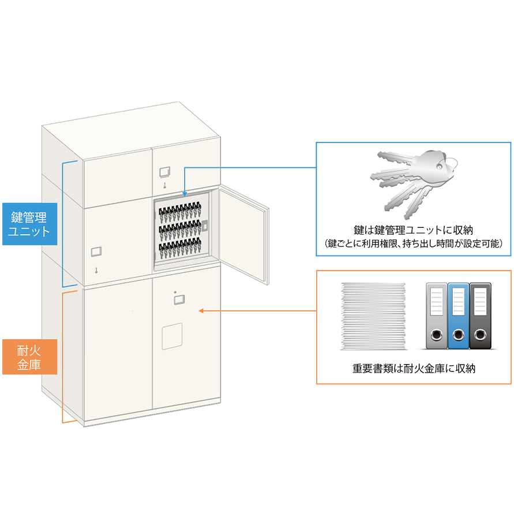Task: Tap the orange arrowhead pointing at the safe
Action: click(x=201, y=311)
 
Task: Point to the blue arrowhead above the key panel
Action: click(x=184, y=195)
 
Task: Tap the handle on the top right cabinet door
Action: click(x=164, y=172)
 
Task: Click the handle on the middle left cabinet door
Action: click(x=96, y=252)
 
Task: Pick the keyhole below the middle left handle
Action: click(x=97, y=269)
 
